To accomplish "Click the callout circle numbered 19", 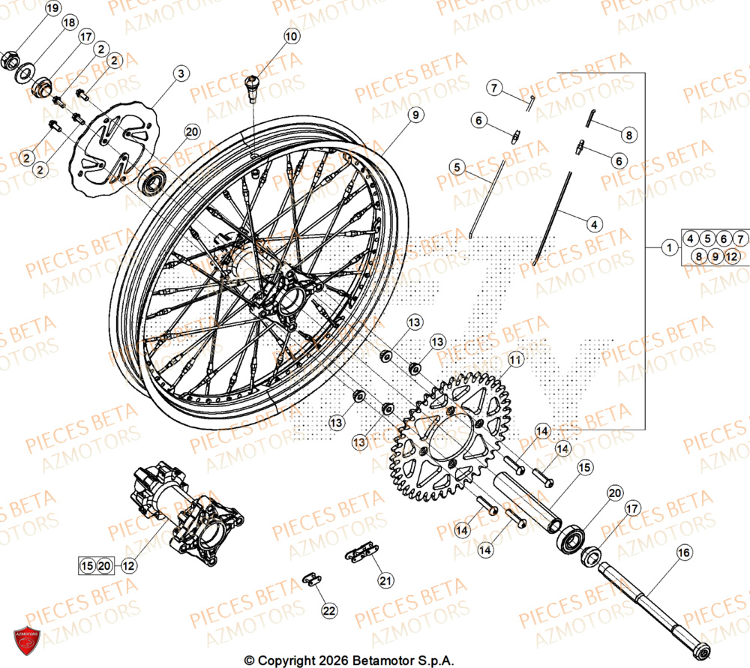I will coord(52,9).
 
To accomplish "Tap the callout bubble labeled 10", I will coord(290,36).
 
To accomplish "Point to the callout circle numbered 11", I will coord(514,361).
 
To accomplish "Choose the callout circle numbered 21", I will coord(385,580).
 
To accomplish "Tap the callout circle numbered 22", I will coord(328,611).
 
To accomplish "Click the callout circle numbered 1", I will coord(667,247).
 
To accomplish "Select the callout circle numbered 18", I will coord(69,23).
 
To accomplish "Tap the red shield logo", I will coord(29,642).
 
